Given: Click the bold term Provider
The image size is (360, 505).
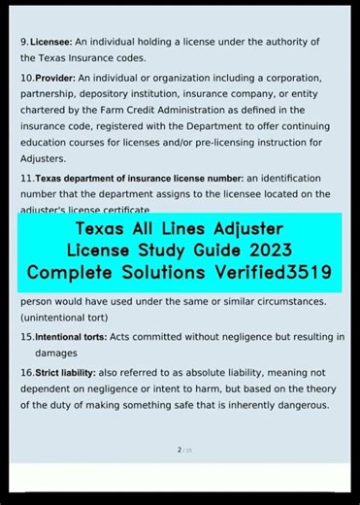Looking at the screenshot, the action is pyautogui.click(x=55, y=77).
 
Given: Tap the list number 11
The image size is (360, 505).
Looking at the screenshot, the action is pyautogui.click(x=26, y=179).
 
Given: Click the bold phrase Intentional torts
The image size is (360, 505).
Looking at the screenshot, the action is pyautogui.click(x=76, y=337).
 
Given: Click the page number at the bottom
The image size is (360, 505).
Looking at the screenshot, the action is pyautogui.click(x=180, y=450).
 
